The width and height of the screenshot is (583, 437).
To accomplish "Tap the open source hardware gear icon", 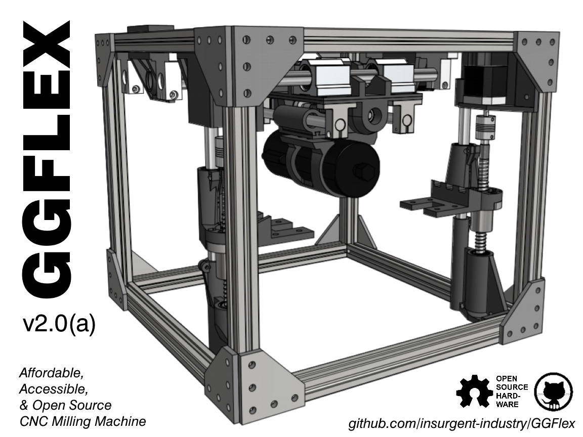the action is [475, 391].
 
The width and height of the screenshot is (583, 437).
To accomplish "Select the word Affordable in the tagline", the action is [50, 373].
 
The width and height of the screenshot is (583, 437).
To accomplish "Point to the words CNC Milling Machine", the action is [82, 421].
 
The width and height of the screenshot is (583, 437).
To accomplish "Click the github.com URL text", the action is [462, 424].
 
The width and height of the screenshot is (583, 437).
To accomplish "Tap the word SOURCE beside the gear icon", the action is [512, 387].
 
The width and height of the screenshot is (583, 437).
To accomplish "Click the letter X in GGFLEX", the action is [47, 46].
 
